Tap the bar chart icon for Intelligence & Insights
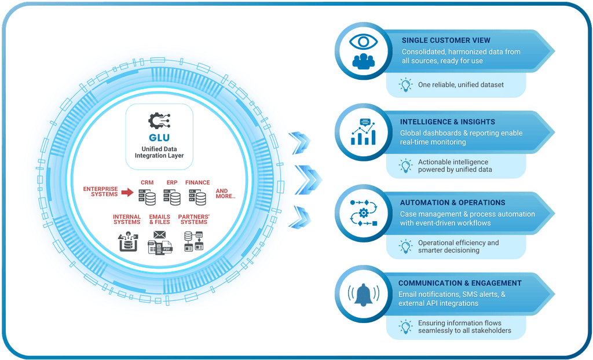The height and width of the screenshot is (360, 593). [364, 132]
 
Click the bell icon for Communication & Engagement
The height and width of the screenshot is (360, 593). [364, 295]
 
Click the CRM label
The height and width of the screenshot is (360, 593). [147, 183]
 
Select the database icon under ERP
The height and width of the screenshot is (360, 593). [172, 197]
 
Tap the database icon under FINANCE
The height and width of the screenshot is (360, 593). [197, 197]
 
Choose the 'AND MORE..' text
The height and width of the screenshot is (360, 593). [226, 194]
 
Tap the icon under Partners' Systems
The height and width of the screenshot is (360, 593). [193, 241]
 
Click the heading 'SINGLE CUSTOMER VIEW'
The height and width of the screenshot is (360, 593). [446, 41]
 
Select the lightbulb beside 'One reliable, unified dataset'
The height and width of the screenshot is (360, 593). [406, 85]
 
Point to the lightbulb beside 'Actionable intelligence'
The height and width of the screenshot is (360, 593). [406, 166]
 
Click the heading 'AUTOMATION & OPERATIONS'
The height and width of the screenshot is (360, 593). [452, 203]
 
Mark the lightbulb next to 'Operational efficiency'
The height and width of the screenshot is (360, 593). [406, 247]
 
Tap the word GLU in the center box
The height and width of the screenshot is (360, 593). [159, 138]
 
